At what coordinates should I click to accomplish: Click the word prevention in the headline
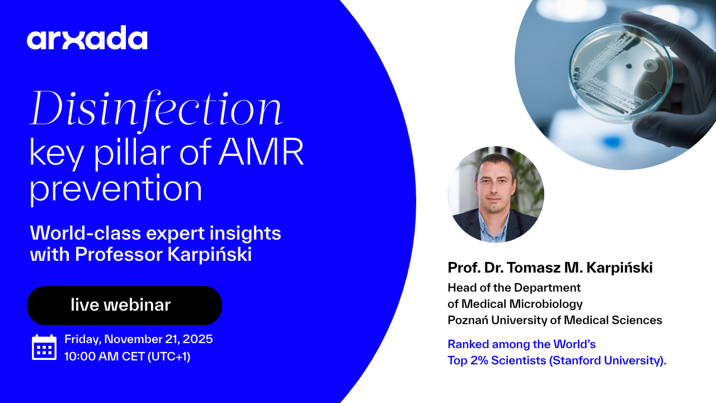(116, 189)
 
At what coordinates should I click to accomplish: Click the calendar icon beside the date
(44, 348)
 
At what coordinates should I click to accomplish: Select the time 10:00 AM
(91, 357)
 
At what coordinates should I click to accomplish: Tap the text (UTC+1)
(169, 357)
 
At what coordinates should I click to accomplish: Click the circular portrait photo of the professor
(496, 194)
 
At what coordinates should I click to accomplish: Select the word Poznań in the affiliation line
(468, 320)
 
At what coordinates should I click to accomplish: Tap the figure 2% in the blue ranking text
(479, 360)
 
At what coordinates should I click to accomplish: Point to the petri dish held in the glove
(621, 73)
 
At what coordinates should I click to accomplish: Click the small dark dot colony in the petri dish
(628, 66)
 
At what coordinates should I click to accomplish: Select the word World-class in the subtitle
(86, 233)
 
